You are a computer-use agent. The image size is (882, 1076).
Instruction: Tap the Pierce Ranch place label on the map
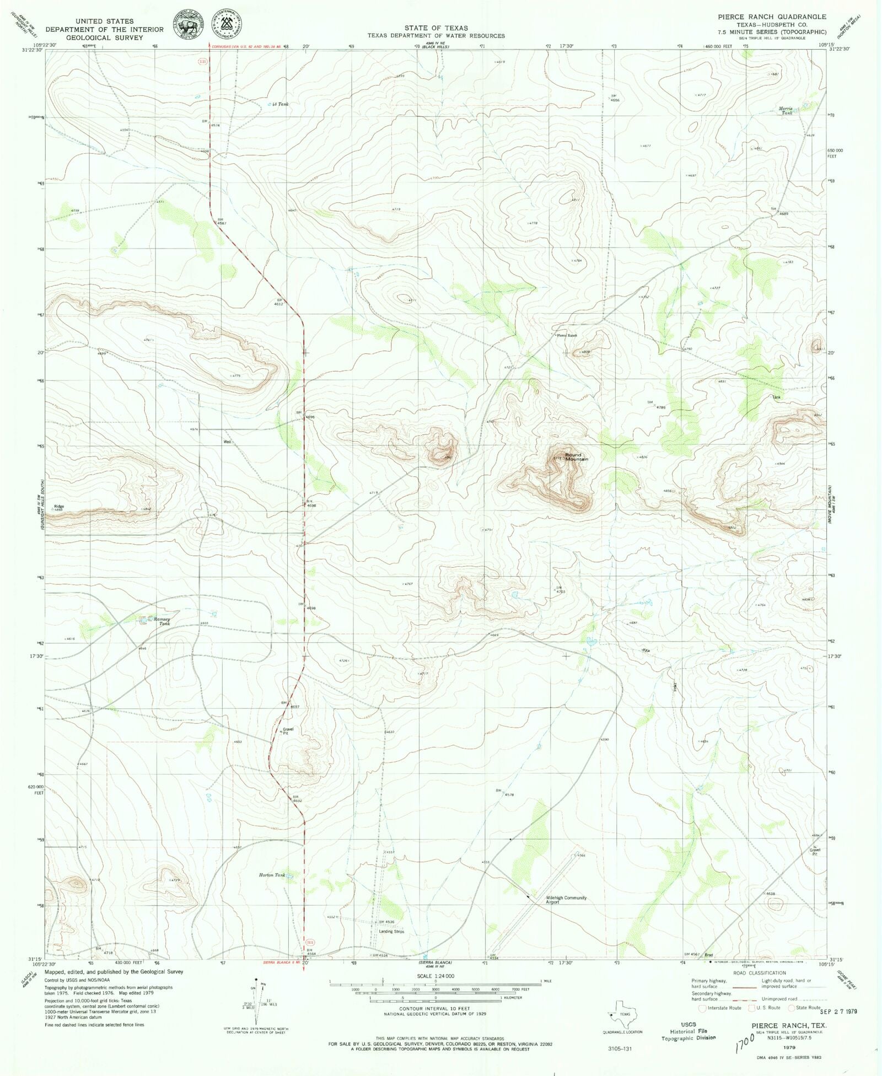(x=567, y=335)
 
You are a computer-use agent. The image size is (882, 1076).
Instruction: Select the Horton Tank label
(x=272, y=875)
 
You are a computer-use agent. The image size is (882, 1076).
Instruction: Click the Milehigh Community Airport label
(x=566, y=900)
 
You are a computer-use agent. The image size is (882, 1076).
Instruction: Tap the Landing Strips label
(x=391, y=932)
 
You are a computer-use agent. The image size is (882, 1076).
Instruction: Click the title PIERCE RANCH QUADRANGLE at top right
(x=772, y=17)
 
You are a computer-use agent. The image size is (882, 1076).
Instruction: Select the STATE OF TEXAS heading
(x=435, y=28)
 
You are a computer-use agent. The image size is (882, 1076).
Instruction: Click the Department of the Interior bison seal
(x=189, y=25)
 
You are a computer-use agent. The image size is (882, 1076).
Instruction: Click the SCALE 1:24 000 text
(x=435, y=976)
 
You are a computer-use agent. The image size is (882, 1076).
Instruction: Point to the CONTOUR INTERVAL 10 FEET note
(x=435, y=1009)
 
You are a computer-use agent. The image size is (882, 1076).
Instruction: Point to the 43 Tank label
(x=281, y=104)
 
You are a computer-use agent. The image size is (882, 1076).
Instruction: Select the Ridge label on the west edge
(x=59, y=506)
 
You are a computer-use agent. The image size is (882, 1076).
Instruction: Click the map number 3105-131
(x=619, y=1048)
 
